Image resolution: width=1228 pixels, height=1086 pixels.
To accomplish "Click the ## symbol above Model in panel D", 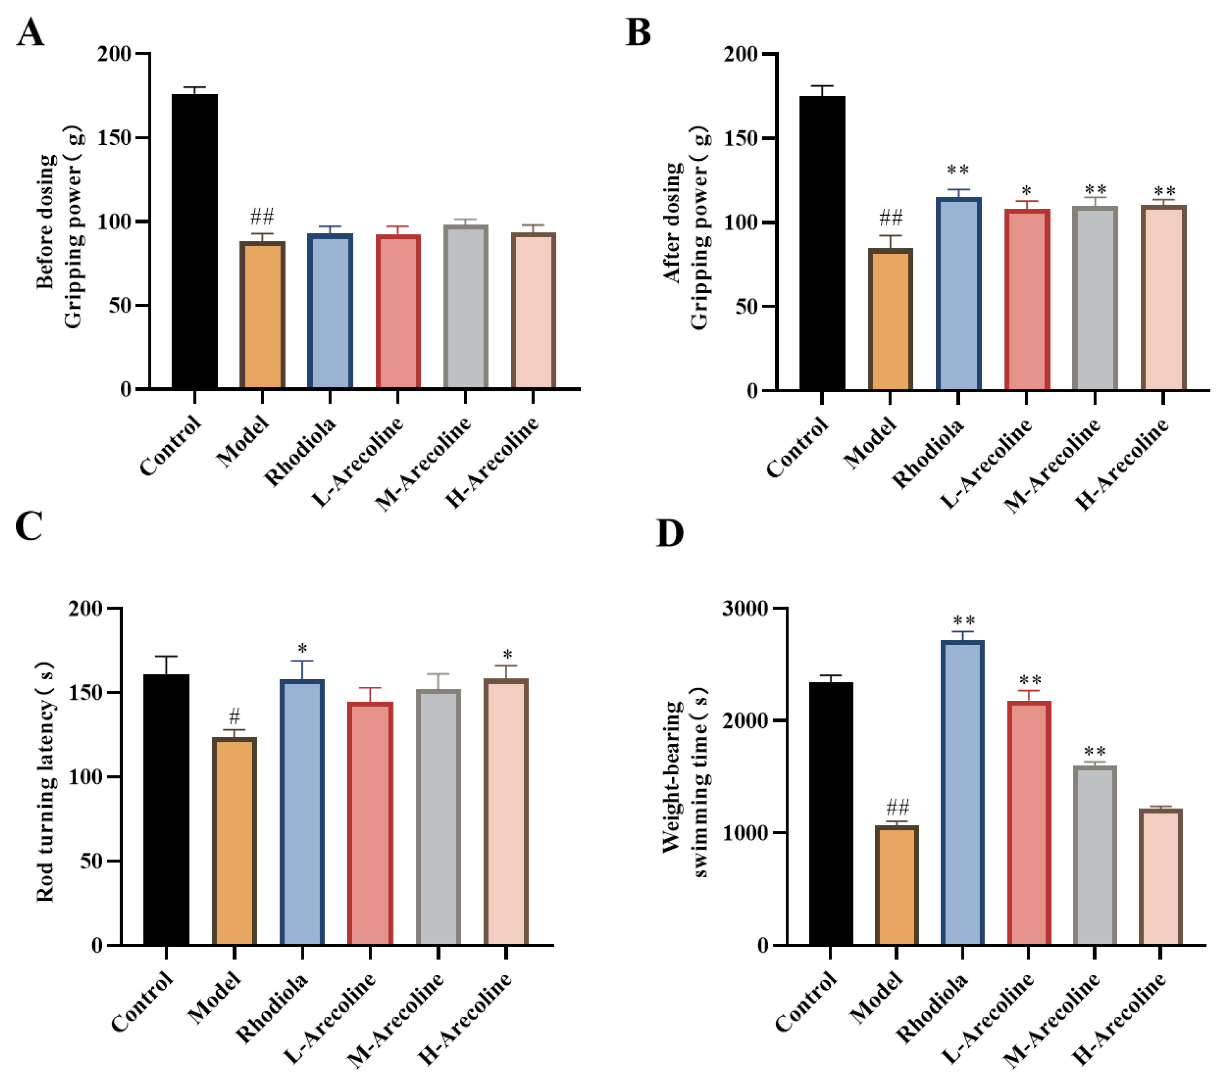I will [898, 806].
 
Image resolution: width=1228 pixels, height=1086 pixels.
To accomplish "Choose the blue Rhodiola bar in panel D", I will [963, 793].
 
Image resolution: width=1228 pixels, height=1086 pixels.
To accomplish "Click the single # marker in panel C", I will [234, 716].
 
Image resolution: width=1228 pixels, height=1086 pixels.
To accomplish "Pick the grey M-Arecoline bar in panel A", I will [466, 306].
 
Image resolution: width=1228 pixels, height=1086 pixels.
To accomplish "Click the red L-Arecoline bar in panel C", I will [370, 823].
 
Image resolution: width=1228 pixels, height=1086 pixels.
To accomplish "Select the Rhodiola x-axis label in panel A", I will [300, 452].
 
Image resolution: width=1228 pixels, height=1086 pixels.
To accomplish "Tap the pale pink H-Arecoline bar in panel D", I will [1160, 877].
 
